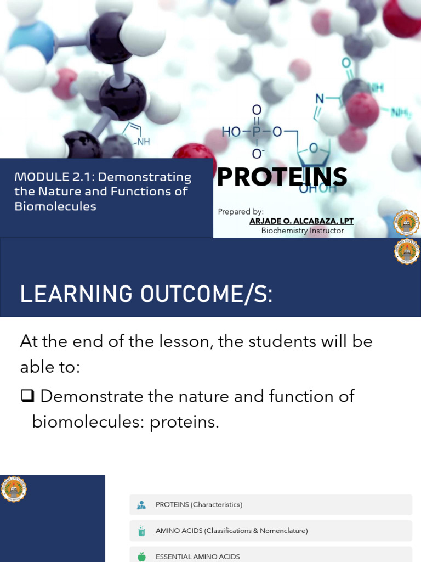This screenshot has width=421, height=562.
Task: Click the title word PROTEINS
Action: pyautogui.click(x=282, y=177)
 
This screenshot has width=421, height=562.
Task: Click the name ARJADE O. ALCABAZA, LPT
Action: pyautogui.click(x=301, y=221)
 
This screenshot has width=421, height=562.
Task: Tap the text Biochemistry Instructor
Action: pyautogui.click(x=302, y=231)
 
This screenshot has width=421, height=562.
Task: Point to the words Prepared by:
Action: pyautogui.click(x=241, y=211)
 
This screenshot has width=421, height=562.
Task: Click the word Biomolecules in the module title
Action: pyautogui.click(x=55, y=206)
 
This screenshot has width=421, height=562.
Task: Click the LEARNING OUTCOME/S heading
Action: pyautogui.click(x=146, y=294)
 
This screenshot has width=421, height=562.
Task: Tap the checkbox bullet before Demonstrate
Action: pyautogui.click(x=27, y=396)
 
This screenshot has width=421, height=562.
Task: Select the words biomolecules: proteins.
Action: pyautogui.click(x=125, y=422)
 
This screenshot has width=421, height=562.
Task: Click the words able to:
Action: pyautogui.click(x=50, y=367)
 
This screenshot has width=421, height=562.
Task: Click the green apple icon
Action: pyautogui.click(x=142, y=557)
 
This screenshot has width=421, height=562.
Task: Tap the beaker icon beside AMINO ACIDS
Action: pyautogui.click(x=142, y=531)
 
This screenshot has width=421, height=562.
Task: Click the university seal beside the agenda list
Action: pyautogui.click(x=13, y=488)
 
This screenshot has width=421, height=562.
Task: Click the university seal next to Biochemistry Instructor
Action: pyautogui.click(x=407, y=223)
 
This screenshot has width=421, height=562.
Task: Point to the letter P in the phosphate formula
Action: pyautogui.click(x=257, y=132)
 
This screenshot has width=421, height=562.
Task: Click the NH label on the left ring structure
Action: pyautogui.click(x=143, y=141)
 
